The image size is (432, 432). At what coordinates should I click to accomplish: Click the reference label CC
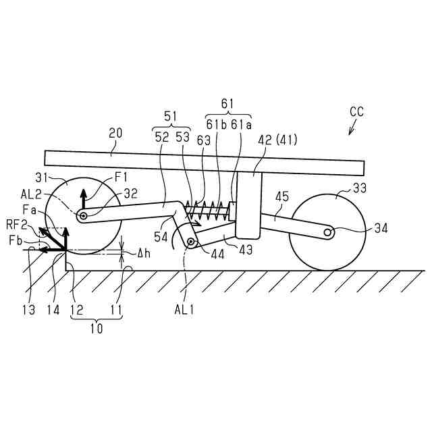(356, 112)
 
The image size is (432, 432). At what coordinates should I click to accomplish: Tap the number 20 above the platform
(115, 135)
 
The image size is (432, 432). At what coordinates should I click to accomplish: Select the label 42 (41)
(277, 140)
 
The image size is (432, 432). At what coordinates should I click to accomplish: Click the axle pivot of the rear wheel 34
(328, 232)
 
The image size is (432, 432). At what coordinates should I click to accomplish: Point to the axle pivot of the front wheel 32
(83, 215)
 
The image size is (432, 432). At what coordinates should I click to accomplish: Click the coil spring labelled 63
(209, 210)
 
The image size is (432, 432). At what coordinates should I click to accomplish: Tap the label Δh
(142, 254)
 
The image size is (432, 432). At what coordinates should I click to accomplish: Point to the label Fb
(18, 240)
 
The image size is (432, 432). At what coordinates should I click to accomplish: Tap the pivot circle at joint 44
(192, 241)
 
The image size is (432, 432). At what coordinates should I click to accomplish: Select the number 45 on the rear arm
(282, 196)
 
